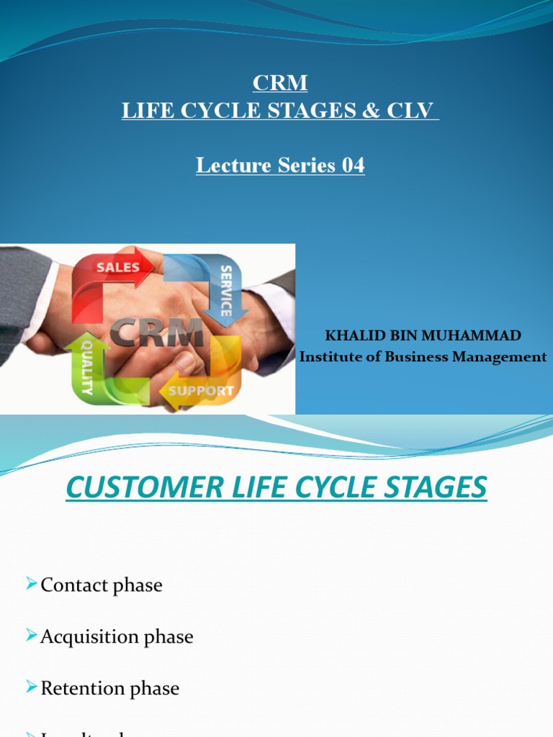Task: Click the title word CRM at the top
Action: coord(280,83)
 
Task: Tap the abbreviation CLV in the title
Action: coord(417,112)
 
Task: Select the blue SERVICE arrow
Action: coord(225,289)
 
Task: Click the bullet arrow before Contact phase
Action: coord(31,583)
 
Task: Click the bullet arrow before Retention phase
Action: coord(31,687)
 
